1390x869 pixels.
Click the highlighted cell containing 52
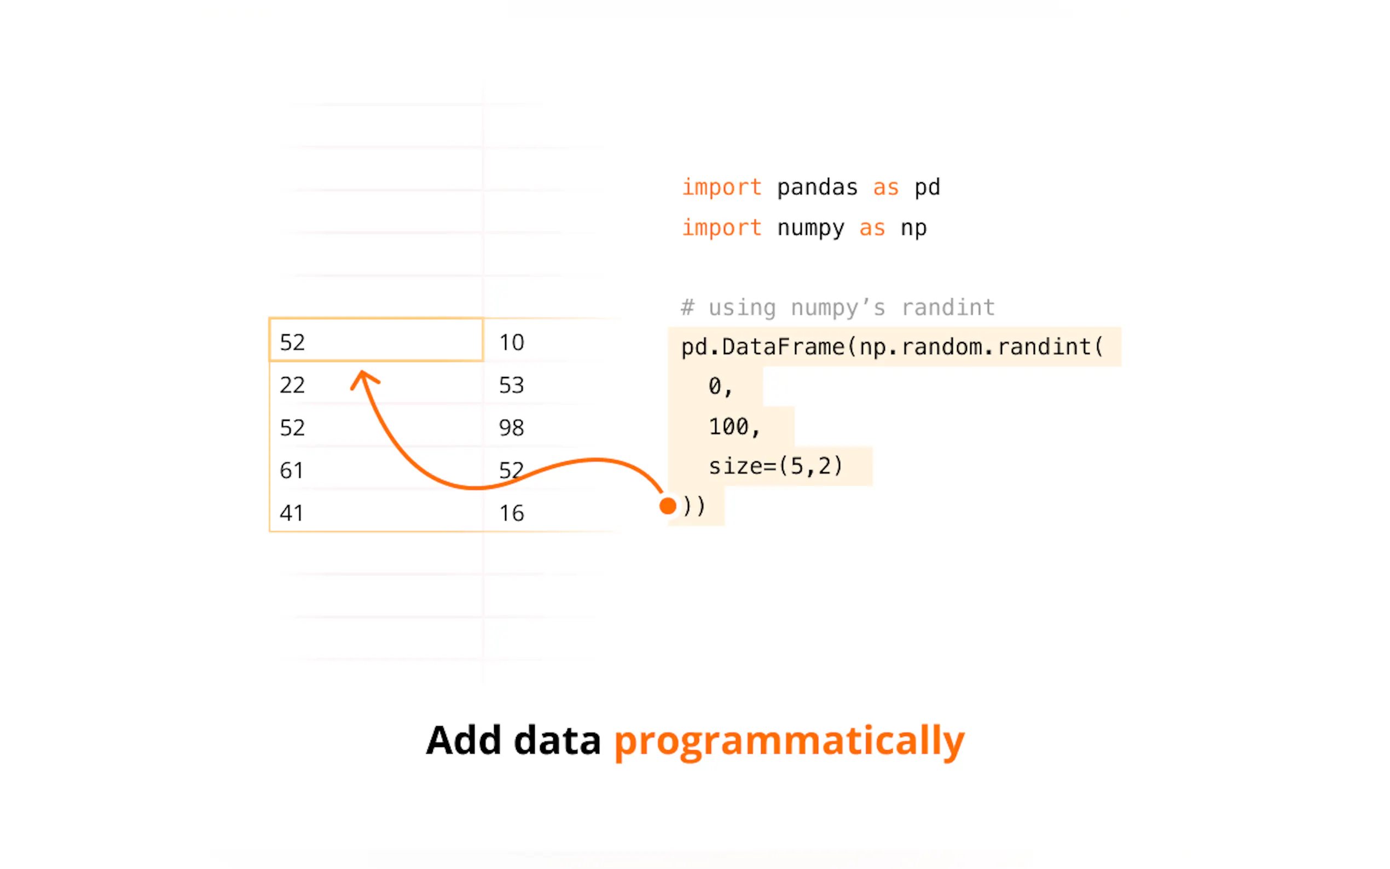[376, 340]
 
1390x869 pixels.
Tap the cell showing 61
[376, 468]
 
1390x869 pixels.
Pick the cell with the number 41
[376, 511]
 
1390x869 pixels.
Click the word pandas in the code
[817, 187]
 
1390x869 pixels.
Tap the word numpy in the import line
[810, 228]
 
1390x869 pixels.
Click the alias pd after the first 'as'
[927, 187]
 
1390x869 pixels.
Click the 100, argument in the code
[734, 426]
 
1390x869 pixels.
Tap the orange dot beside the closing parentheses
[668, 506]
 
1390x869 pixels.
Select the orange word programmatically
[790, 741]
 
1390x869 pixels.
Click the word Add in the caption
[464, 740]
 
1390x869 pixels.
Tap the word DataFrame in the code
[783, 346]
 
